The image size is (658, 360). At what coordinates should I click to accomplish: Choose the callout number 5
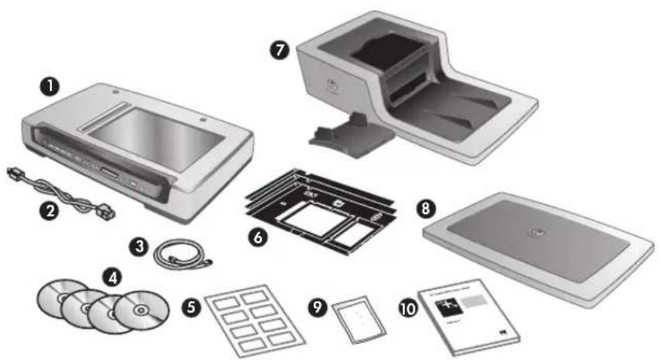point(191,307)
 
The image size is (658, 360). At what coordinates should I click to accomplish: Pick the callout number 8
point(424,209)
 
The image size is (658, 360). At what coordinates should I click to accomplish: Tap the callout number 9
point(318,307)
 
